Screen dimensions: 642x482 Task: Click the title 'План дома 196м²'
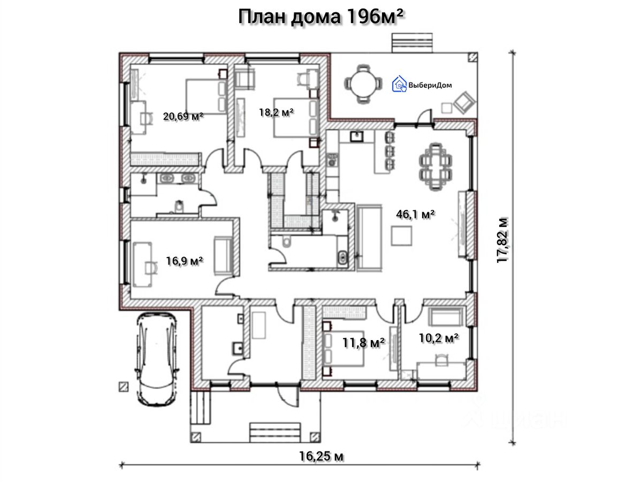(x=320, y=18)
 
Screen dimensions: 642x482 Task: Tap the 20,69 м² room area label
(x=183, y=116)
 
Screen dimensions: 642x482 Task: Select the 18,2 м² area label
(x=276, y=112)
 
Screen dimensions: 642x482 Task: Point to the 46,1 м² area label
(x=415, y=214)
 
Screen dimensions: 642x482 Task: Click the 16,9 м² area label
(x=184, y=260)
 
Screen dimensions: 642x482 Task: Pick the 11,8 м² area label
(x=363, y=342)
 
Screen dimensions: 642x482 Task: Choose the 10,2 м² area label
(x=438, y=338)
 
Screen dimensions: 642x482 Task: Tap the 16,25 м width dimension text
(x=321, y=456)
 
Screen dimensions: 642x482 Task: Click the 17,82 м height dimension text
(x=503, y=240)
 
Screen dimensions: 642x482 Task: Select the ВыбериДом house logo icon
(x=399, y=84)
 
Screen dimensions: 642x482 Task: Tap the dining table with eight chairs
(x=435, y=166)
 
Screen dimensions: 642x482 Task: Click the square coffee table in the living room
(x=402, y=236)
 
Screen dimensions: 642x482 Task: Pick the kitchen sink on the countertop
(x=356, y=136)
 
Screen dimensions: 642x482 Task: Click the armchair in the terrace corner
(x=464, y=102)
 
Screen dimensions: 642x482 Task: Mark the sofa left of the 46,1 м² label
(x=369, y=237)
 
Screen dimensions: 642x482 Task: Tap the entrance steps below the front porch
(x=274, y=432)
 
